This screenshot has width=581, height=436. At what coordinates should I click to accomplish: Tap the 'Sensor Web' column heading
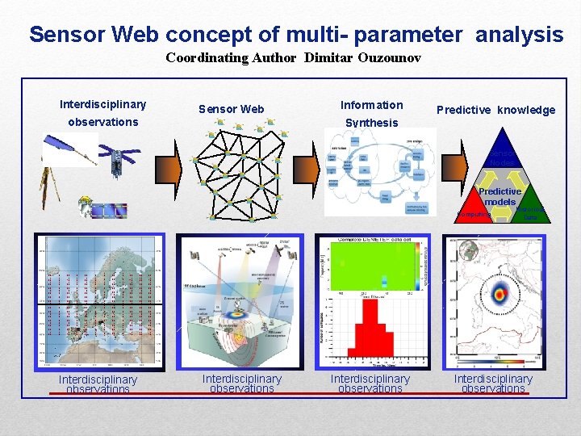232,109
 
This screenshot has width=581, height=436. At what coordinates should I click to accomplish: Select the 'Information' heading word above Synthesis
371,105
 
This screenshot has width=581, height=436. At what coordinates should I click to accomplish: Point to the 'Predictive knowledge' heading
495,110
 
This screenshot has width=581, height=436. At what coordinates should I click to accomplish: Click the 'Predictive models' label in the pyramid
500,196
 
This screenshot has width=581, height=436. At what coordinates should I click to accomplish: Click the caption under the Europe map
98,384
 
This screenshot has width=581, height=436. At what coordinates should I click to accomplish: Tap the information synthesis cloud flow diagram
374,174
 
